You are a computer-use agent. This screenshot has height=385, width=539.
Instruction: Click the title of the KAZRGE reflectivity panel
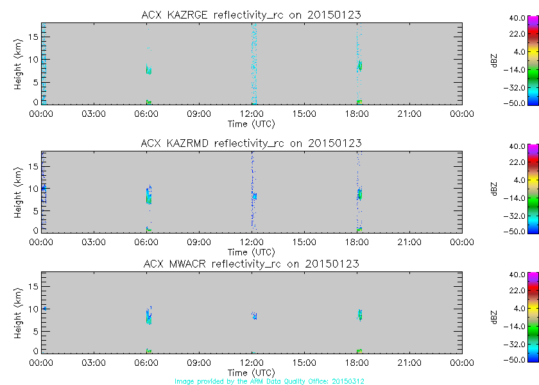tap(251, 15)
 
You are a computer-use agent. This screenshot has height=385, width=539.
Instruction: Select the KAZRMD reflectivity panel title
tap(251, 143)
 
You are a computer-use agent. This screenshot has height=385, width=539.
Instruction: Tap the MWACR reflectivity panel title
tap(251, 264)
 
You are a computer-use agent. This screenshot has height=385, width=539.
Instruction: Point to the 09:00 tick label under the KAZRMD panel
tap(199, 242)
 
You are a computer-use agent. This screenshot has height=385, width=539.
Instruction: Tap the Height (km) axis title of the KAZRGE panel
tap(18, 63)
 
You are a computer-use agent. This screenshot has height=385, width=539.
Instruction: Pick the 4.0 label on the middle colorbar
tap(517, 180)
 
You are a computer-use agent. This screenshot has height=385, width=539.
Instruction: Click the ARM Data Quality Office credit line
tap(269, 381)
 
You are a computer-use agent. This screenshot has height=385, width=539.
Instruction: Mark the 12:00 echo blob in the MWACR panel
tap(254, 315)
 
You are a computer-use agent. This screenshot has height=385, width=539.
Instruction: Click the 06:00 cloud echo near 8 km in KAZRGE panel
tap(148, 69)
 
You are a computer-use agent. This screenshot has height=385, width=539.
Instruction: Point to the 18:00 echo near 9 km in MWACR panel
tap(359, 314)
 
